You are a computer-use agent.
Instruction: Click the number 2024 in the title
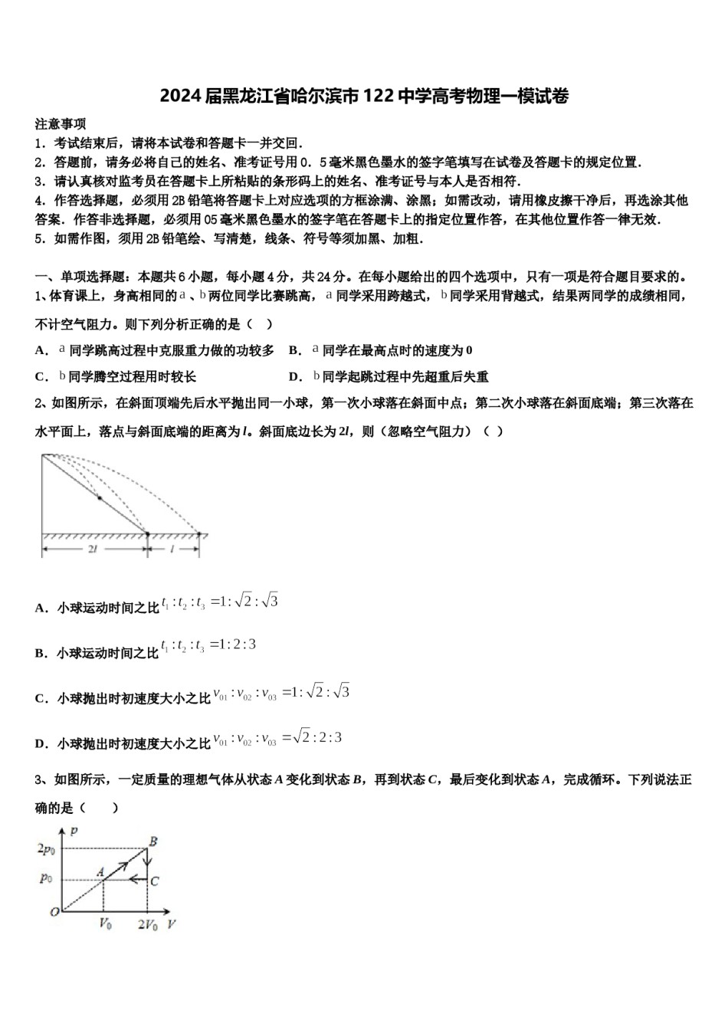(181, 97)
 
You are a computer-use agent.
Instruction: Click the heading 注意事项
(61, 124)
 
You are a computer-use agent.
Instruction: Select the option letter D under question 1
(293, 377)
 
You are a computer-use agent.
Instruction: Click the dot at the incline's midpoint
(99, 498)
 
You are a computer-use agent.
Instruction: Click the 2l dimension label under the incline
(92, 550)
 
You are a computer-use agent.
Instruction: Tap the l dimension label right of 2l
(173, 550)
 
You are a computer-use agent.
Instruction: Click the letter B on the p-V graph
(153, 841)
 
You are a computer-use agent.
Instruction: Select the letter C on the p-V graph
(155, 881)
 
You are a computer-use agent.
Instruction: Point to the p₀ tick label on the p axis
(47, 879)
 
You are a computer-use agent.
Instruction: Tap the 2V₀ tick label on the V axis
(147, 924)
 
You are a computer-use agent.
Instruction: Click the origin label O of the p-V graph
(54, 912)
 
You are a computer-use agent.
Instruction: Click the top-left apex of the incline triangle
(42, 454)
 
